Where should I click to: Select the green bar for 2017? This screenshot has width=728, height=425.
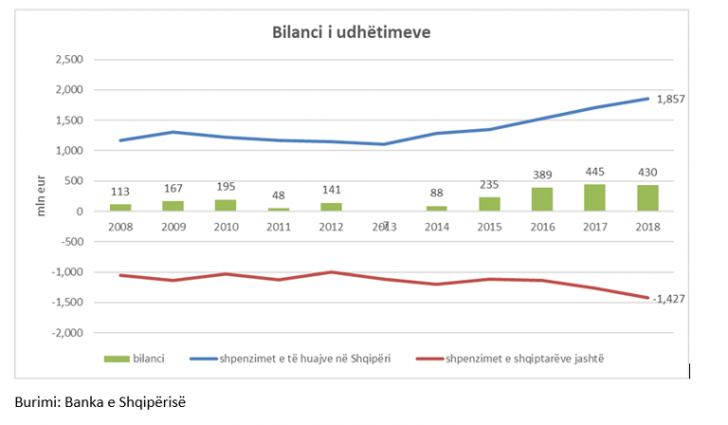[x=594, y=198]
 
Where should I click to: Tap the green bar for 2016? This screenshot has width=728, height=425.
[x=541, y=199]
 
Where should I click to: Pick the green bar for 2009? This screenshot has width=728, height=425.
[x=173, y=206]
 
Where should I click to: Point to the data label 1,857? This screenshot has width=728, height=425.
[x=669, y=99]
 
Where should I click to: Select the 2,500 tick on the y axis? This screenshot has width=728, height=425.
[x=71, y=60]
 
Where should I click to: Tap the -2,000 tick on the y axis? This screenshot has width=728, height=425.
[x=69, y=333]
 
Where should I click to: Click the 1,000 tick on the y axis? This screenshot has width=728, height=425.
[x=71, y=151]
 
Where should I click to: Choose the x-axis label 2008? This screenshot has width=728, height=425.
[x=120, y=228]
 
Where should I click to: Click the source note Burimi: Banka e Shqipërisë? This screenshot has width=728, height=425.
[x=100, y=401]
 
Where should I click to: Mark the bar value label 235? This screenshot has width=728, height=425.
[x=488, y=186]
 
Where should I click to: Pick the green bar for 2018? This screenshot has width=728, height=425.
[x=647, y=198]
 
